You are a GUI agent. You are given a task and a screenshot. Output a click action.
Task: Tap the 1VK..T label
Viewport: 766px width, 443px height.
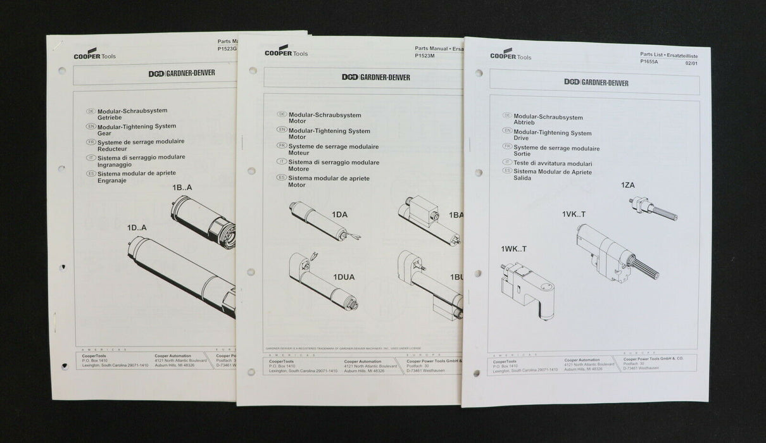tap(574, 215)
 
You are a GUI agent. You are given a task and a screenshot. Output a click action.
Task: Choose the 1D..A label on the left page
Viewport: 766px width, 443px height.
tap(137, 228)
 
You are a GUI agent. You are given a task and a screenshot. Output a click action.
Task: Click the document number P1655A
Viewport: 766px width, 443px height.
tap(650, 62)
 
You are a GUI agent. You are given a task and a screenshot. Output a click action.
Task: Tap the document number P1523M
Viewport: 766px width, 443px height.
tap(425, 56)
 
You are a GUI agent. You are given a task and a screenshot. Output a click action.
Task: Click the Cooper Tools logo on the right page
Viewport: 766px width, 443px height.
tap(510, 55)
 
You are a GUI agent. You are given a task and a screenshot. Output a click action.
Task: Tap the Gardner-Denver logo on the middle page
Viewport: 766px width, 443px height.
tap(375, 77)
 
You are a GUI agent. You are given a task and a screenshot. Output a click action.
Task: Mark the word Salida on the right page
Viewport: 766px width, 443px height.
tap(522, 178)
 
